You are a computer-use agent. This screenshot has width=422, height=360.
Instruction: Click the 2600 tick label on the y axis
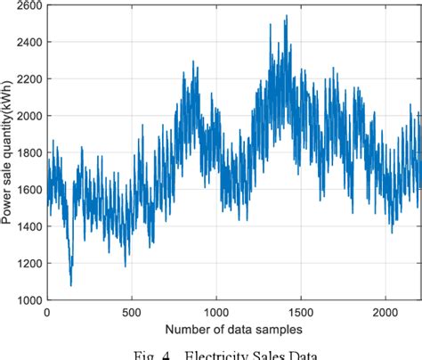pos(28,6)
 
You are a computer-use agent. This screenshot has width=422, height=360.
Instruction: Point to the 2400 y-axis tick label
pos(28,44)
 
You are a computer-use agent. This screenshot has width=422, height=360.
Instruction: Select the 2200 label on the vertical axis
pos(28,80)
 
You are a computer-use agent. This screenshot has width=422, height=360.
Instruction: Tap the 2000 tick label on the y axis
pos(28,117)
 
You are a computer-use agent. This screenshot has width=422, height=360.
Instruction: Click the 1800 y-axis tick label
pos(28,154)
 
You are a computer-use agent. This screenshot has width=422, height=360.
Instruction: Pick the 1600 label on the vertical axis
pos(28,191)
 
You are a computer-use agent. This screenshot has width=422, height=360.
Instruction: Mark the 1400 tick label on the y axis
pos(28,227)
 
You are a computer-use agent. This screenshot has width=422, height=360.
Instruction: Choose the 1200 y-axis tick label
pos(28,265)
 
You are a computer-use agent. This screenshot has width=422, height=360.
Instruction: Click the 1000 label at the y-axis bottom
pos(28,300)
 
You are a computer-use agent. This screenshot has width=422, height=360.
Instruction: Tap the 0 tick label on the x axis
pos(47,313)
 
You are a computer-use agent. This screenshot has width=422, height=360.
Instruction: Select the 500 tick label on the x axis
pos(132,313)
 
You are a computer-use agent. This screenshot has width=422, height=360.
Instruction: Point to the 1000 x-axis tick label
pos(216,313)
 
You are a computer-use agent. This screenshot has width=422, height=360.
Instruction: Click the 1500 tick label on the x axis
pos(301,313)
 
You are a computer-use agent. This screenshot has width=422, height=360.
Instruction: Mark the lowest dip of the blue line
pos(70,285)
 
